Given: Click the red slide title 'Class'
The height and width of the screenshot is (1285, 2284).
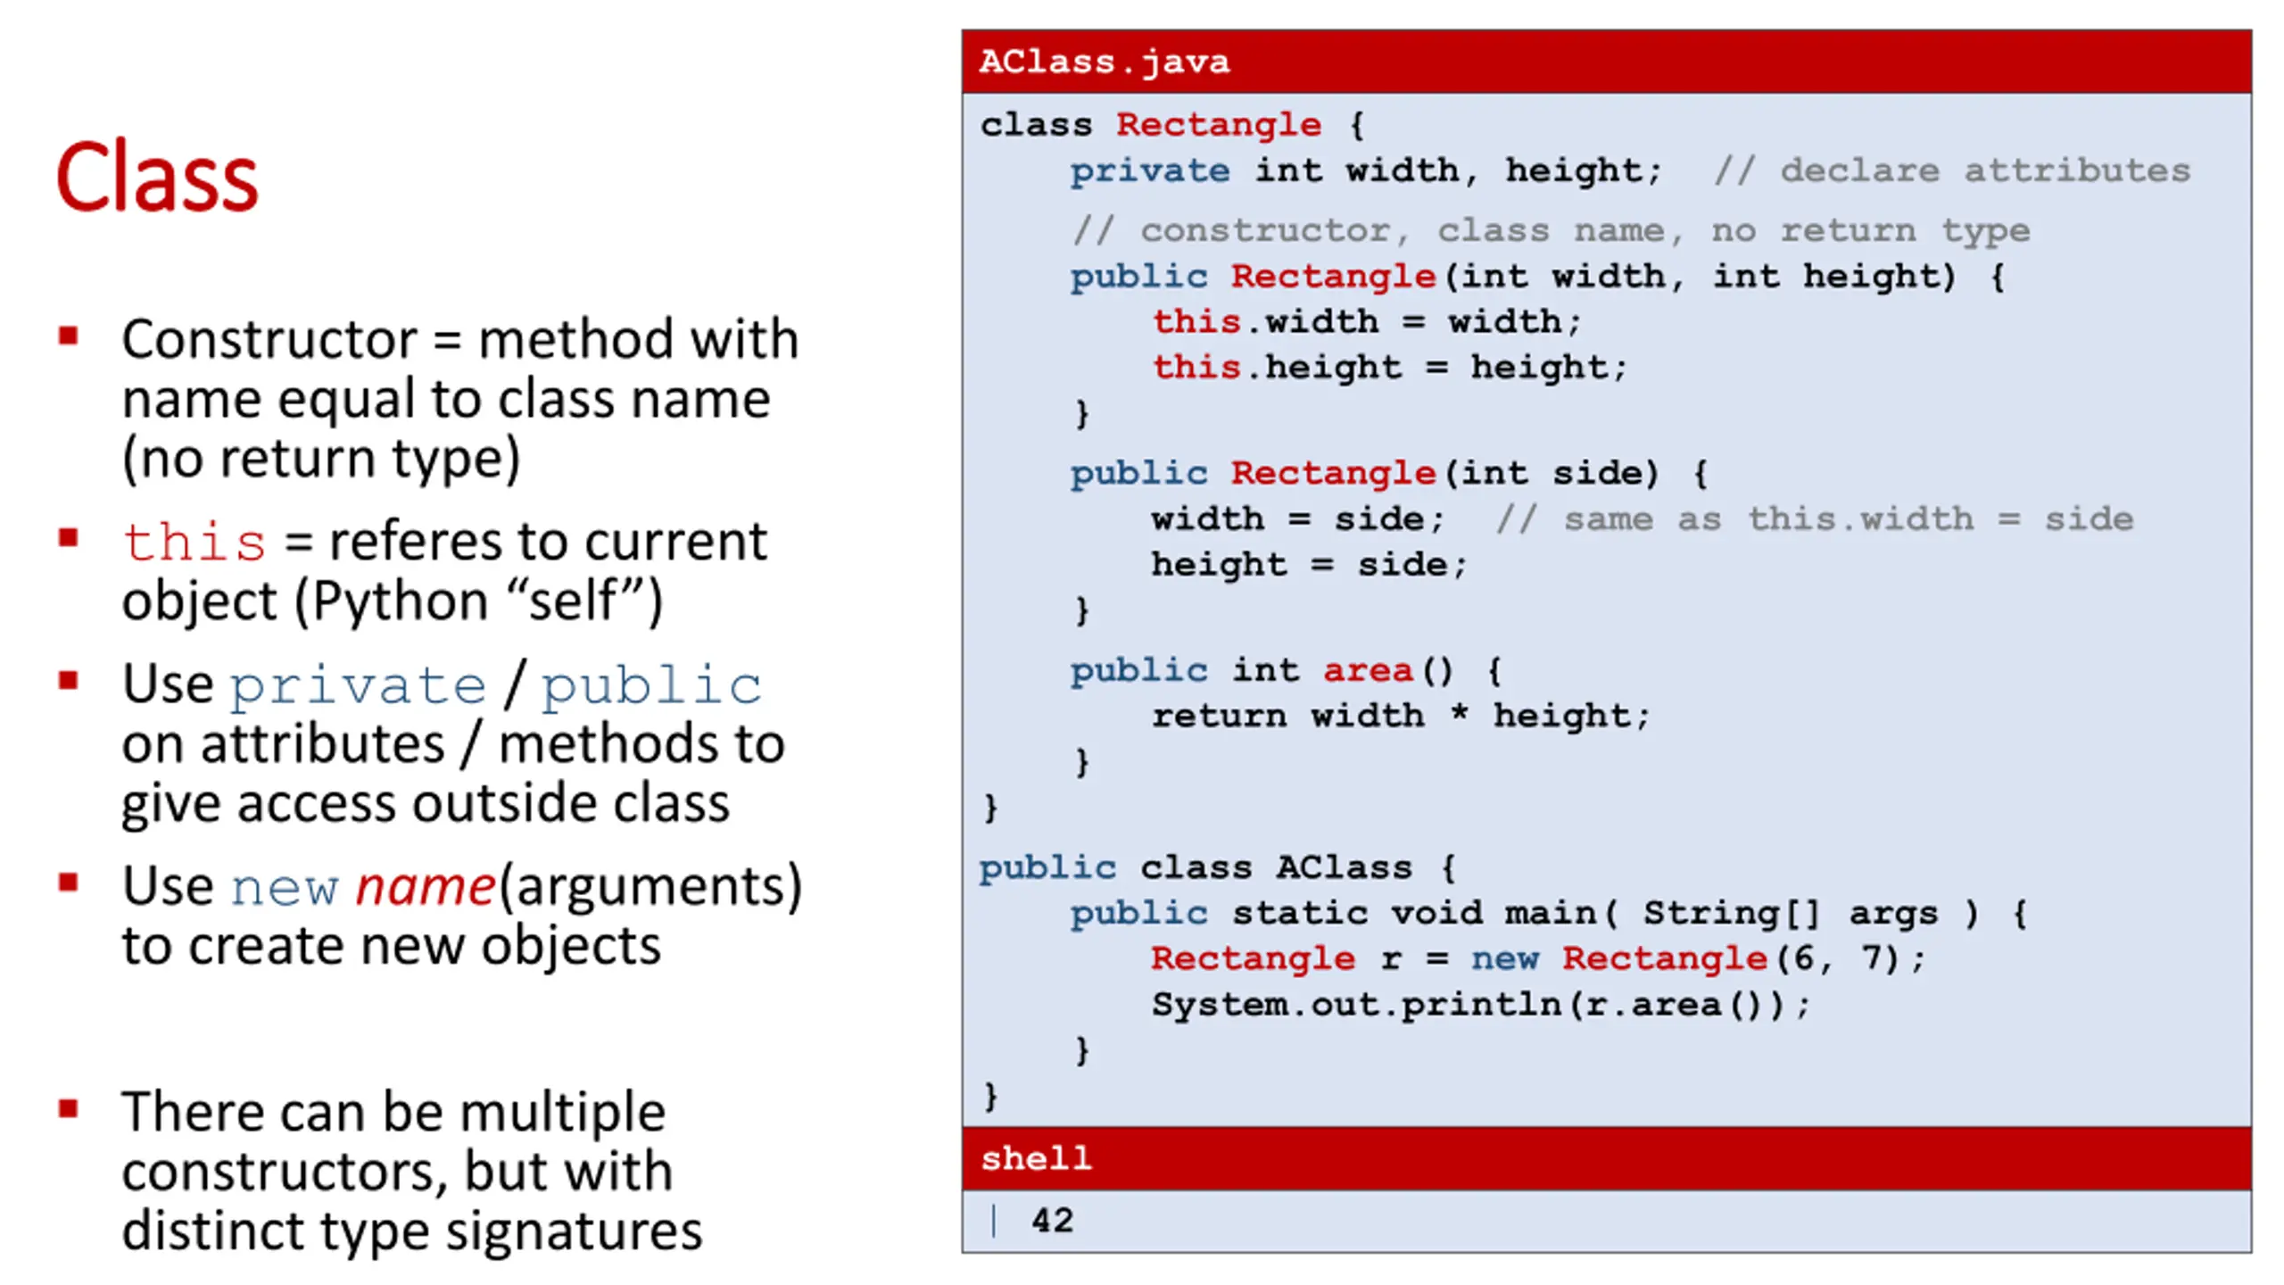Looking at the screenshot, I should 157,177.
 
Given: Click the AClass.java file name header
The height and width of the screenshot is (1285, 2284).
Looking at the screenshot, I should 1104,62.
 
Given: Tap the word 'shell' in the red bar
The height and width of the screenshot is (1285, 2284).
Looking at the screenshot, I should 1035,1158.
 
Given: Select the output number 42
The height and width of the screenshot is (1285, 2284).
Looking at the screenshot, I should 1052,1220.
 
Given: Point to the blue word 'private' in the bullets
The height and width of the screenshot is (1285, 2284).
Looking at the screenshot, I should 358,685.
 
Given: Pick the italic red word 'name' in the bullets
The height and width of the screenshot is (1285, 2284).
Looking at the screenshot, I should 425,886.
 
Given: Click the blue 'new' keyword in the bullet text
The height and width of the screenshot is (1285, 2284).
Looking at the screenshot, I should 285,888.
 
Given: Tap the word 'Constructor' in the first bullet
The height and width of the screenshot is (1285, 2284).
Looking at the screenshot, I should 269,340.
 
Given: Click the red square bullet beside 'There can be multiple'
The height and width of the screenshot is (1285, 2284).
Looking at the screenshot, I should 68,1109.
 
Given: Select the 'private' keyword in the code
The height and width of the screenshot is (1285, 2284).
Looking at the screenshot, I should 1149,170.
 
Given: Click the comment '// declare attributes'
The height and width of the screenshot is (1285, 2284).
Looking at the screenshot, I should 1951,170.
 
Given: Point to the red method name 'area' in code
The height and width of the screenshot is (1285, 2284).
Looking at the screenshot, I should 1368,670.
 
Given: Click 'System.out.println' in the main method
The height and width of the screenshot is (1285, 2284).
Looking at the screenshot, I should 1356,1005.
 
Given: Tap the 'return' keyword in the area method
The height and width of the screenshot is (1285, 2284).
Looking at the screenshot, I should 1219,716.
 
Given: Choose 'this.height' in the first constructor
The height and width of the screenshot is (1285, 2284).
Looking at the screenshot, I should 1277,367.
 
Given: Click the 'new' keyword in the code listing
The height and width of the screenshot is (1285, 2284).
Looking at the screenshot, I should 1504,958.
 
